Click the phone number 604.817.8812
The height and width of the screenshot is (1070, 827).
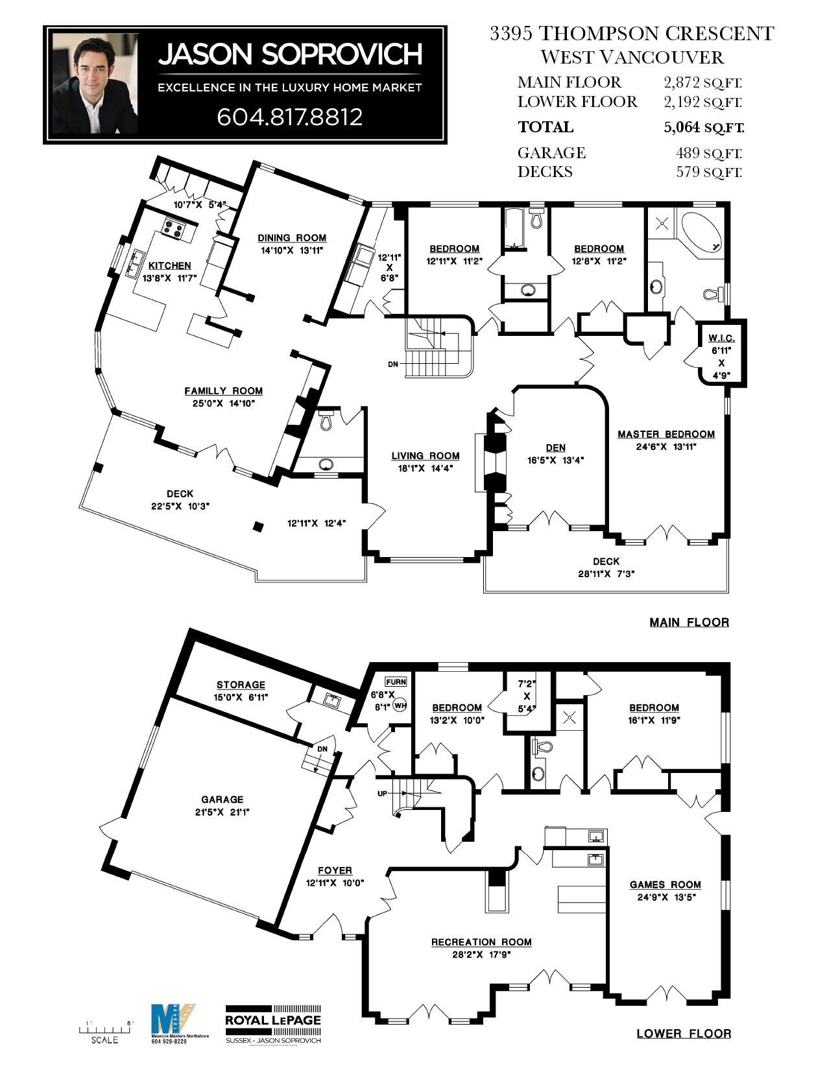point(289,117)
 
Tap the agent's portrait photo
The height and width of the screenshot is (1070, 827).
point(95,83)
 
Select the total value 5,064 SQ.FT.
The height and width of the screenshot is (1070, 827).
point(703,127)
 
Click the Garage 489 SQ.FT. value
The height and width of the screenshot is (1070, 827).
point(708,153)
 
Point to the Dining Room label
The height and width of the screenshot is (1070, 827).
point(292,238)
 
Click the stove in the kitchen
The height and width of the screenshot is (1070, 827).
point(174,228)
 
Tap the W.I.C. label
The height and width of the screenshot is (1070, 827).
point(721,338)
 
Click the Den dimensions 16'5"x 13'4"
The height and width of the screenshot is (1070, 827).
point(555,460)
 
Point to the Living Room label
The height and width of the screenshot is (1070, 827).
point(425,456)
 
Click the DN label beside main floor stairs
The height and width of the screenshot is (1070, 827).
point(393,364)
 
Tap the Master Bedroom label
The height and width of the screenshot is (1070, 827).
point(666,434)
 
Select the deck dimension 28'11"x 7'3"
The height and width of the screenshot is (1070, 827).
point(606,574)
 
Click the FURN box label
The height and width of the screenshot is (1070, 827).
point(396,682)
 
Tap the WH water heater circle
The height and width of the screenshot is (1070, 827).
point(400,706)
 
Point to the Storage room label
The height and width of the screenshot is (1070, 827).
point(241,685)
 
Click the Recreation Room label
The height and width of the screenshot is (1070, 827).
point(481,942)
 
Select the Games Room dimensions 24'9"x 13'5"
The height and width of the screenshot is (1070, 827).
point(666,898)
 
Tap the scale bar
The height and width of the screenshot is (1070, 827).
point(104,1029)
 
